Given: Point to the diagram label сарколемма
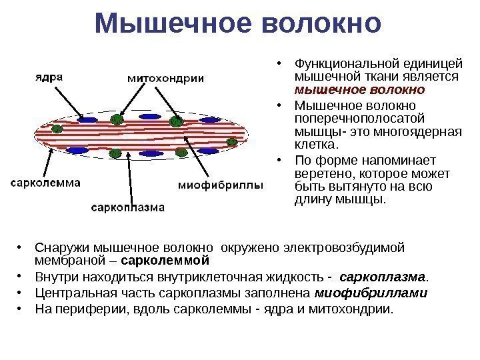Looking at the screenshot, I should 45,181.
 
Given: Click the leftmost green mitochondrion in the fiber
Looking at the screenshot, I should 58,129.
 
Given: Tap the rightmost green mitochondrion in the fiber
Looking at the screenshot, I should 232,141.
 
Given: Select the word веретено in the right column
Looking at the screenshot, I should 317,175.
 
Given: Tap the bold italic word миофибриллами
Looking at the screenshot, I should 371,293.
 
